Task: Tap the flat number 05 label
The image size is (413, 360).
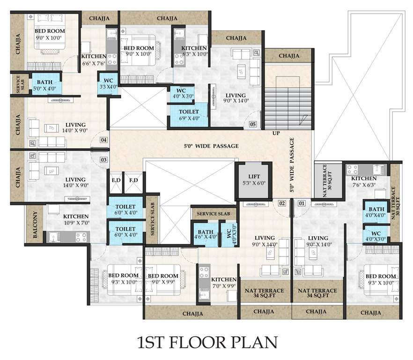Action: [253, 125]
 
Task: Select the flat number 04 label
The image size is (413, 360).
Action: [103, 140]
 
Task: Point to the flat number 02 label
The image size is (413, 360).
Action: [282, 203]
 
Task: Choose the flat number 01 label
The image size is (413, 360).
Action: [302, 203]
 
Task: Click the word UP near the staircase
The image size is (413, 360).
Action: [276, 134]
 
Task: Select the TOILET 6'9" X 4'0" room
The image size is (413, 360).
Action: [189, 115]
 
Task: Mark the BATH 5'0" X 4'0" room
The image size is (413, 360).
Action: [44, 85]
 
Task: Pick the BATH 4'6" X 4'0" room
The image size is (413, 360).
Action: [205, 233]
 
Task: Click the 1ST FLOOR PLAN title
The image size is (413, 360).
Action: [206, 342]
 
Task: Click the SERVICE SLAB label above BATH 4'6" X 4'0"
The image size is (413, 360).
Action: [214, 213]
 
